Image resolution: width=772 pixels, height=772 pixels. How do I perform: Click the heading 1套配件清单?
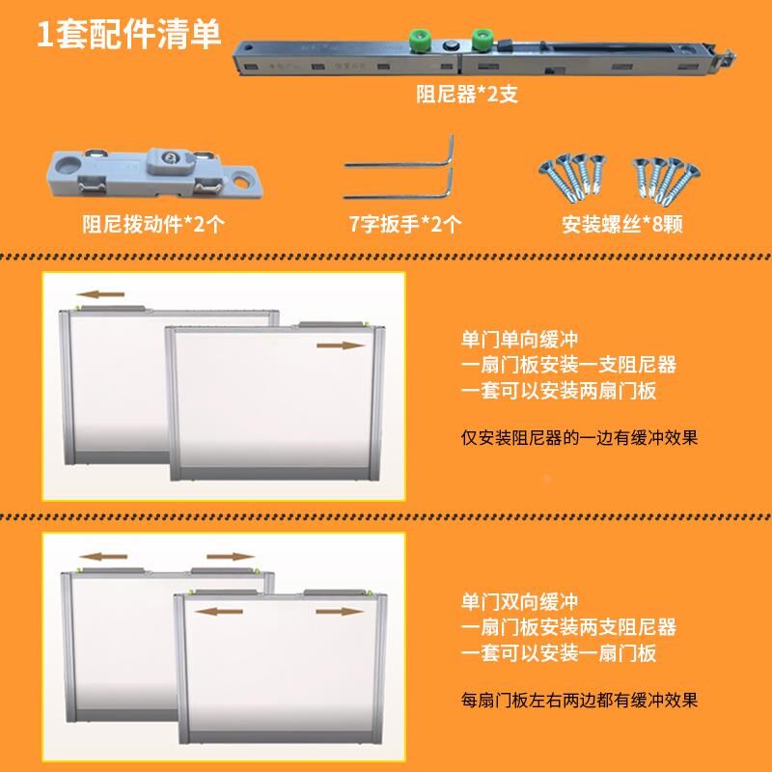click(x=128, y=35)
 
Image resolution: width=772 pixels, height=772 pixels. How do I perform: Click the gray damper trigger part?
click(x=153, y=169)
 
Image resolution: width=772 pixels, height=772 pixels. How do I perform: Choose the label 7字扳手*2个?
click(x=405, y=225)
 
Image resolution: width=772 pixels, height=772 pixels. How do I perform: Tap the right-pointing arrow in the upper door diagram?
click(x=342, y=345)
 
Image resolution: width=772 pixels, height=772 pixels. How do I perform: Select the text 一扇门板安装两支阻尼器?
click(x=568, y=627)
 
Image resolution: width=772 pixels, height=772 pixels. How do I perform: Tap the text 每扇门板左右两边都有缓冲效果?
click(x=579, y=700)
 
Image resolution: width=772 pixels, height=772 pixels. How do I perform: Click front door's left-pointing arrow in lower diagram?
click(x=216, y=611)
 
